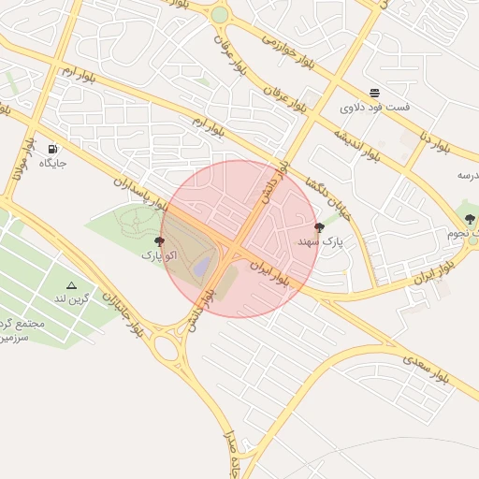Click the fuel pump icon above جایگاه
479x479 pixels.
(x=51, y=148)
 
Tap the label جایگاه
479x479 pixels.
(x=52, y=164)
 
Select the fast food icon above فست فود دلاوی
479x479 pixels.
(x=374, y=93)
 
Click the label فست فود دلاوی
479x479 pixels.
(x=374, y=108)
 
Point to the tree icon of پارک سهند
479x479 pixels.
(x=319, y=226)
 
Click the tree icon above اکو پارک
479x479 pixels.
(x=158, y=240)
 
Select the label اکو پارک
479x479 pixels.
(x=158, y=254)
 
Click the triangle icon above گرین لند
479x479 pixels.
(x=71, y=284)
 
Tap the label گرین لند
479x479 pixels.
(x=71, y=298)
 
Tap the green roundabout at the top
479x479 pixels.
(x=219, y=15)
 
